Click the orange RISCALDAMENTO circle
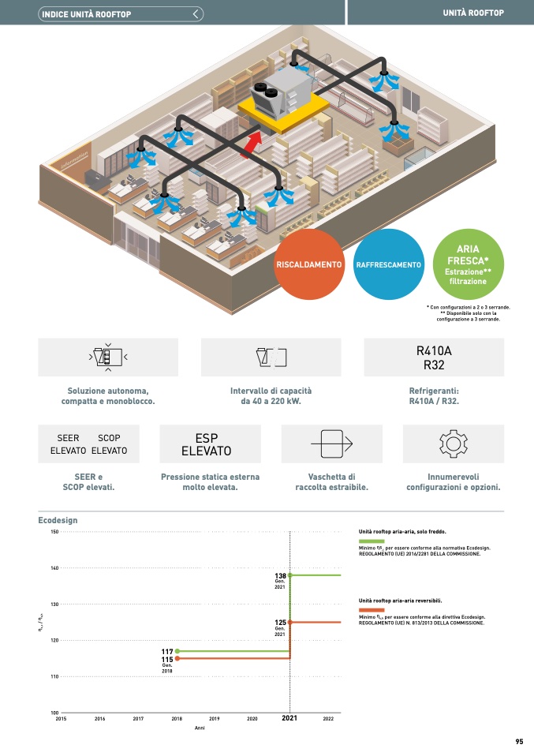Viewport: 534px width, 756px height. tap(308, 264)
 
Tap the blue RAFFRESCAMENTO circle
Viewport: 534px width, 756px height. tap(389, 264)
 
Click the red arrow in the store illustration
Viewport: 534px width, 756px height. tap(252, 146)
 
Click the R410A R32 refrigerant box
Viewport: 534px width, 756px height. tap(434, 357)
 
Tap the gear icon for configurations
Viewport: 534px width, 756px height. tap(453, 443)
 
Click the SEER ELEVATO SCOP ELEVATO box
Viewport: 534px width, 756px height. tap(88, 444)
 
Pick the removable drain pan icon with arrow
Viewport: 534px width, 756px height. tap(331, 444)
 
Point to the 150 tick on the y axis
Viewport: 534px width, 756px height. tap(54, 532)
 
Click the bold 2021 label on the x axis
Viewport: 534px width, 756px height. tap(289, 719)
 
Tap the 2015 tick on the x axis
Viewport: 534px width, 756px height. tap(61, 719)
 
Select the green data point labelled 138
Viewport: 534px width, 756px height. tap(290, 575)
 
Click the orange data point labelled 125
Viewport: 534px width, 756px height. tap(290, 622)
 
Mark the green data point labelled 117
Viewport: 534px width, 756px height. tap(177, 651)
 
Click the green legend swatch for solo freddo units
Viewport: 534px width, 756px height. tap(371, 541)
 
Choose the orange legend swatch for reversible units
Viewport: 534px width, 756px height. tap(371, 609)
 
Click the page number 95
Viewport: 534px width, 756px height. tap(519, 741)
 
